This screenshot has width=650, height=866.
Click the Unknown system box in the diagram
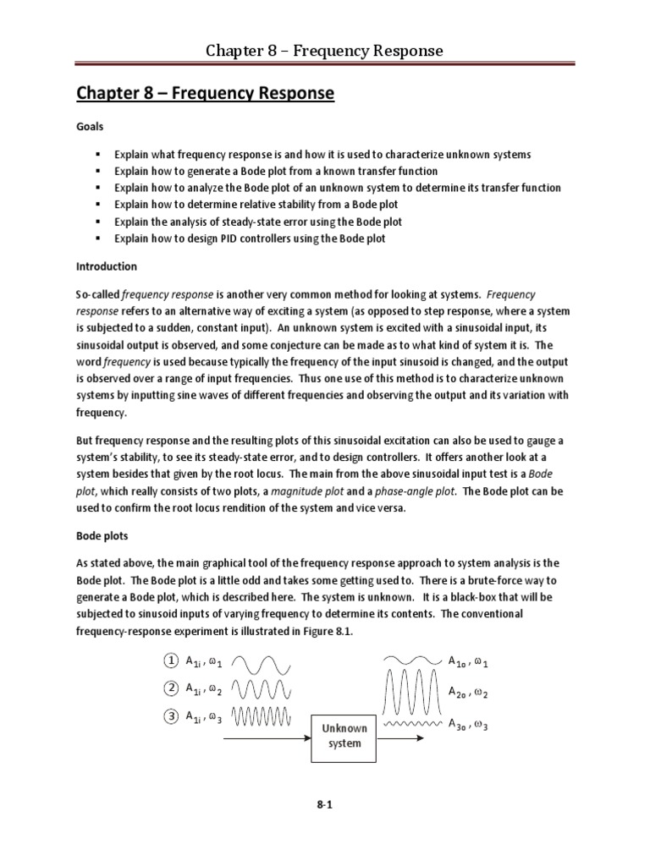coord(344,736)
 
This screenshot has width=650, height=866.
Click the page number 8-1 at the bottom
coord(324,805)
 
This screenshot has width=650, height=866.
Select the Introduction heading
coord(106,266)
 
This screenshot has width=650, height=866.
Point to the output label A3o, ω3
coord(469,726)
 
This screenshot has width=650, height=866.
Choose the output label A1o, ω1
coord(469,661)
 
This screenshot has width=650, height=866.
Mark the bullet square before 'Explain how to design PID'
coord(99,238)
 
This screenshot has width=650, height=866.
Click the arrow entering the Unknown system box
coord(267,736)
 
